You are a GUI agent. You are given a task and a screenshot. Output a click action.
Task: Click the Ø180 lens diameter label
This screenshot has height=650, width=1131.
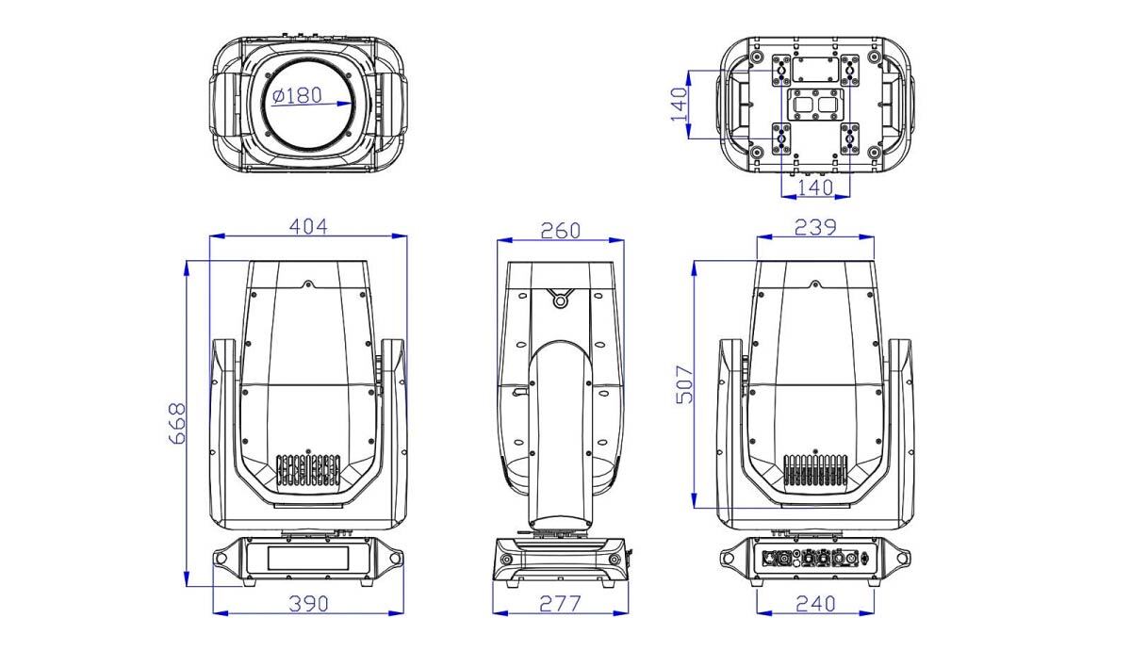297,95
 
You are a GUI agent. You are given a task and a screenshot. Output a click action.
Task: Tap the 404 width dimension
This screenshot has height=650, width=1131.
308,227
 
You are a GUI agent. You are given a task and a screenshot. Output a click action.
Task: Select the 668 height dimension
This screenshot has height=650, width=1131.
177,423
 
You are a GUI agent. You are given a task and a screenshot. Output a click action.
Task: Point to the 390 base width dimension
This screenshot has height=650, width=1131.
308,604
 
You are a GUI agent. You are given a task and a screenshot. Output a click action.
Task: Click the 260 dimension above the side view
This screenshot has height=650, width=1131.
561,231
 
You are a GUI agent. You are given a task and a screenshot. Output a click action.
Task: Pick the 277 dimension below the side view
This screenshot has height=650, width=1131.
561,604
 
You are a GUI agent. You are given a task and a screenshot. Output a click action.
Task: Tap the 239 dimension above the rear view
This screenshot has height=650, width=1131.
815,227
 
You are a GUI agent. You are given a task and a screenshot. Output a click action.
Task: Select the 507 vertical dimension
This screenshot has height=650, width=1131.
684,384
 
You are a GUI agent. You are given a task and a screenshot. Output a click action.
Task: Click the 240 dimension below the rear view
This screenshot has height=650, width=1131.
815,604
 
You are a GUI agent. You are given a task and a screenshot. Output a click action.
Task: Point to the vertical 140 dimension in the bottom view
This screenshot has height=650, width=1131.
680,105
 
